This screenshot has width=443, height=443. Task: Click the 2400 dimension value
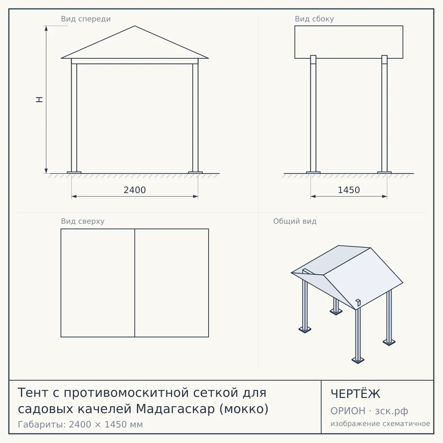click(134, 190)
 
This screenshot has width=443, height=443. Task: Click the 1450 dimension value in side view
click(349, 190)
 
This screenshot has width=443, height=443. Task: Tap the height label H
click(40, 100)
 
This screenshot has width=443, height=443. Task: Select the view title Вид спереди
click(86, 19)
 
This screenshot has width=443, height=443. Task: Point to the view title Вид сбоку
click(314, 19)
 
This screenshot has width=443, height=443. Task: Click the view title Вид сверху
click(83, 221)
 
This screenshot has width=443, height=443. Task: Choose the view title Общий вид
click(295, 221)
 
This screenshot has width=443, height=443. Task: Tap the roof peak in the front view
click(135, 26)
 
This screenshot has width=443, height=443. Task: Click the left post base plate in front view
click(74, 172)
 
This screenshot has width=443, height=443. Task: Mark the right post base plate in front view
click(195, 172)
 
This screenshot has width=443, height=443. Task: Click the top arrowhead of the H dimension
click(46, 28)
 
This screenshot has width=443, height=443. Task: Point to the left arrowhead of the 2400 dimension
click(74, 196)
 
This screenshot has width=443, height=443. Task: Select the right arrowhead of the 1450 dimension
click(384, 196)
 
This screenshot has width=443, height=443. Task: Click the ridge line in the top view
click(135, 283)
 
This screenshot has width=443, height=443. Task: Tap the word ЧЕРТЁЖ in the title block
click(356, 394)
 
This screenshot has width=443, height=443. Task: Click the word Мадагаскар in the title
click(175, 409)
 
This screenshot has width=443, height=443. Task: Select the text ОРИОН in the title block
click(348, 411)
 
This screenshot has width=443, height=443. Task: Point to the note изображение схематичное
click(380, 424)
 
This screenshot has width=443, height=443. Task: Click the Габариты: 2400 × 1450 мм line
click(80, 425)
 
